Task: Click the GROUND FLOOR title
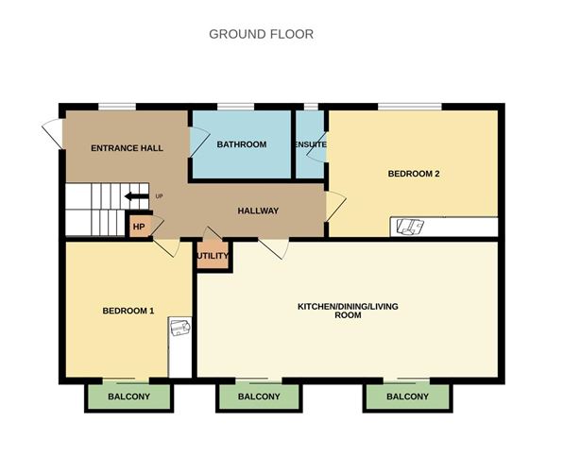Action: coord(261,34)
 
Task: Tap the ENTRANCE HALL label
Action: coord(127,148)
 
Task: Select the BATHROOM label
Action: coord(242,144)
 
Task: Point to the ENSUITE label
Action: coord(311,144)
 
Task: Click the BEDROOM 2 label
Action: coord(414,174)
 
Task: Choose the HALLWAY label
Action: coord(258,211)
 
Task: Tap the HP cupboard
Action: coord(139,227)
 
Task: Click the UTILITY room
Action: coord(213,255)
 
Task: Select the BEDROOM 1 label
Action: coord(128,311)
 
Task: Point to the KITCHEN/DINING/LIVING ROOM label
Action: coord(348,311)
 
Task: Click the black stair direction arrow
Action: coord(136,196)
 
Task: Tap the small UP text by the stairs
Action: coord(159,196)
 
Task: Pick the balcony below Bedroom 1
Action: coord(128,397)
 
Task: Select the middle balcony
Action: coord(259,397)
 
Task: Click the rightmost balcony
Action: coord(407,397)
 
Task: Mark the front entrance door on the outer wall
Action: coord(53,133)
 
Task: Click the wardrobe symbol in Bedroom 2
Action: coord(410,227)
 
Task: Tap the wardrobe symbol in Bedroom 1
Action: coord(180,327)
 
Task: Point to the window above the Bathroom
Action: coord(235,107)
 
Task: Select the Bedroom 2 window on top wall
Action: coord(410,107)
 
